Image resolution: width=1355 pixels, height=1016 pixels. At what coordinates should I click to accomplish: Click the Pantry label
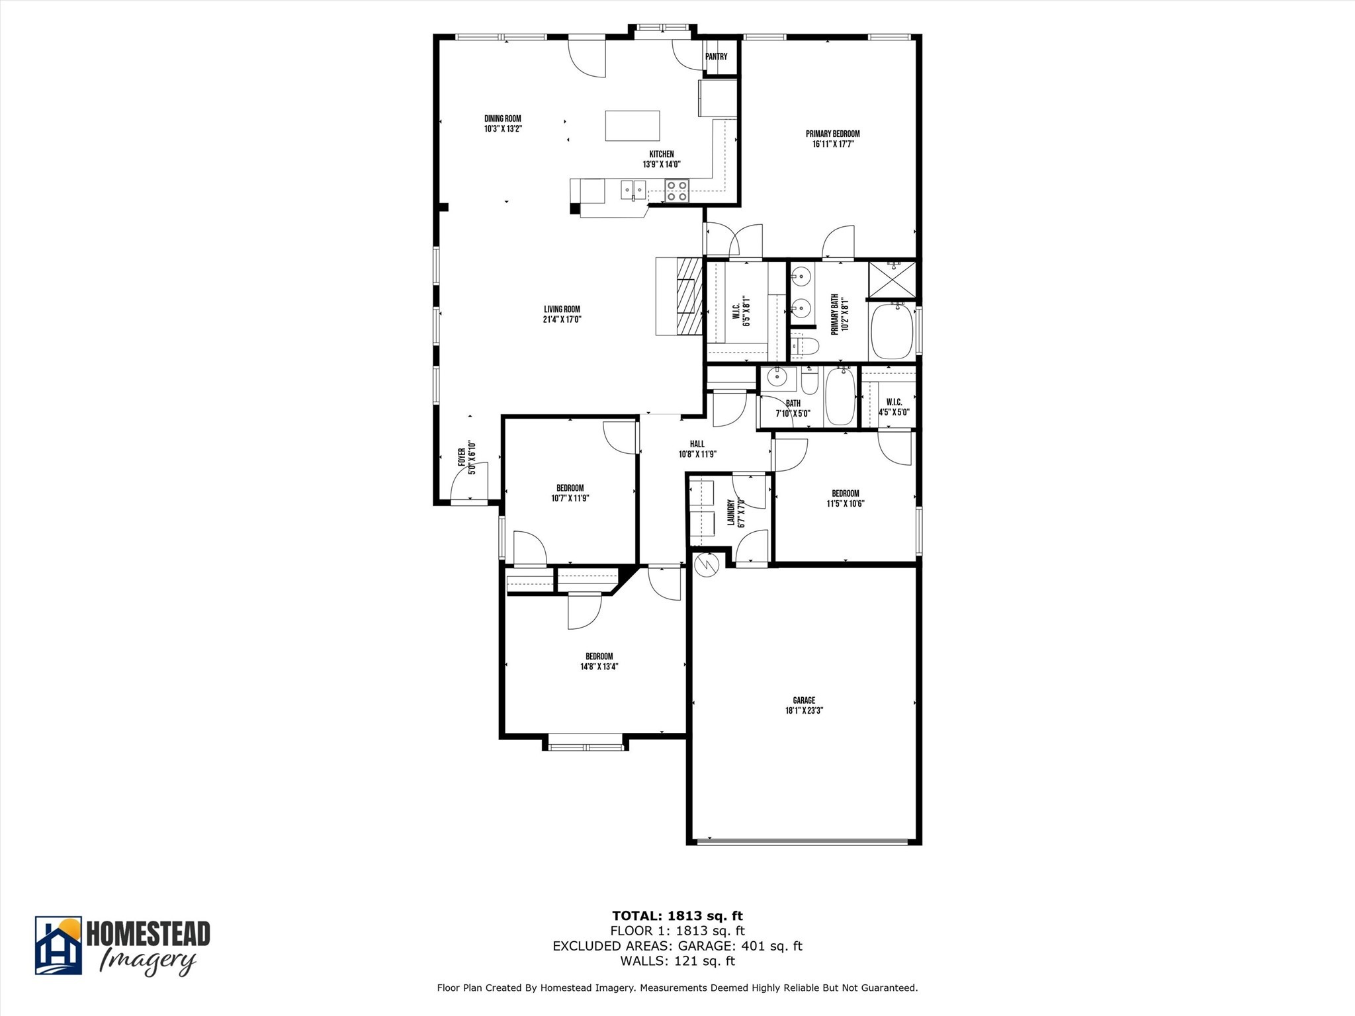[x=716, y=57]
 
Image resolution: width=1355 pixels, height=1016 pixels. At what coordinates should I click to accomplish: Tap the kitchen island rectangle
[x=633, y=126]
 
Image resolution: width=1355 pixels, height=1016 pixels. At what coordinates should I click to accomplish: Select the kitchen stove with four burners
[x=677, y=190]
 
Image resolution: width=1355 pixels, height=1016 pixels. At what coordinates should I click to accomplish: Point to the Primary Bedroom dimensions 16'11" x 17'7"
[x=833, y=144]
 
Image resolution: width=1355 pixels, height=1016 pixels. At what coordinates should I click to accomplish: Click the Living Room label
[x=562, y=309]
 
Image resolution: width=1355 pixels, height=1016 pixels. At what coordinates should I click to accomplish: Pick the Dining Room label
[x=503, y=119]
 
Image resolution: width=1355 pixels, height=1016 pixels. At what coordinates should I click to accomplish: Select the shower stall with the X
[x=892, y=280]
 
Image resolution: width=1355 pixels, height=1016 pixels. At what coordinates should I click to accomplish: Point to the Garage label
[x=804, y=700]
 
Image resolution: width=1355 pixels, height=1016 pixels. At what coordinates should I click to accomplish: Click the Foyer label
[x=462, y=457]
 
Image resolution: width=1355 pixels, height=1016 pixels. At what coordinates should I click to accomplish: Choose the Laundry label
[x=731, y=513]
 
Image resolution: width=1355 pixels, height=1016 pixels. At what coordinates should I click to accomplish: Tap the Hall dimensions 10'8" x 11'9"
[x=697, y=454]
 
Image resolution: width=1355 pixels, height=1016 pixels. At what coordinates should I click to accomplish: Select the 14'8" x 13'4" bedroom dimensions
[x=599, y=667]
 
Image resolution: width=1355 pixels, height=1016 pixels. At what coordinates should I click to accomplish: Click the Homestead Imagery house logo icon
[x=58, y=945]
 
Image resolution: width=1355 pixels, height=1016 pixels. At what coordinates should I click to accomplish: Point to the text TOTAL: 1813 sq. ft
[x=677, y=916]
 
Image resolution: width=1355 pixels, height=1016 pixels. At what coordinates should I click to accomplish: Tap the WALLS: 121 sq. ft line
[x=677, y=961]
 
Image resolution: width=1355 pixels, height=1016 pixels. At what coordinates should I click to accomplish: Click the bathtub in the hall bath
[x=840, y=396]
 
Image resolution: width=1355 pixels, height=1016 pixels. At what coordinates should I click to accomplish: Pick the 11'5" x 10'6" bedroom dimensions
[x=846, y=503]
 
